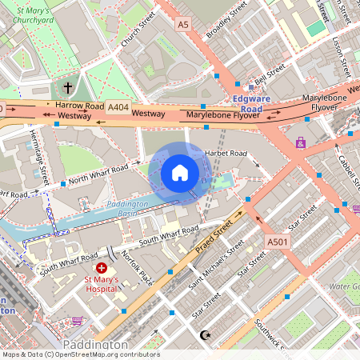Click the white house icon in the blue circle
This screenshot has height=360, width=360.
point(180,173)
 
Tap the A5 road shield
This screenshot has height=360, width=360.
point(183,26)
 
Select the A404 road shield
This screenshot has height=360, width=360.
point(118,106)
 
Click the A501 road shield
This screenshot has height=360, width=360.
point(278,242)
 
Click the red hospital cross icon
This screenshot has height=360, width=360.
point(102,268)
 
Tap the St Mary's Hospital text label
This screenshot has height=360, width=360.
point(102,284)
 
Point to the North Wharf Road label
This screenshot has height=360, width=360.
point(98,174)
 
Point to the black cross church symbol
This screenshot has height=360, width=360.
point(68,86)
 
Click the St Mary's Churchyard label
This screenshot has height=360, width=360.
point(50,13)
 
